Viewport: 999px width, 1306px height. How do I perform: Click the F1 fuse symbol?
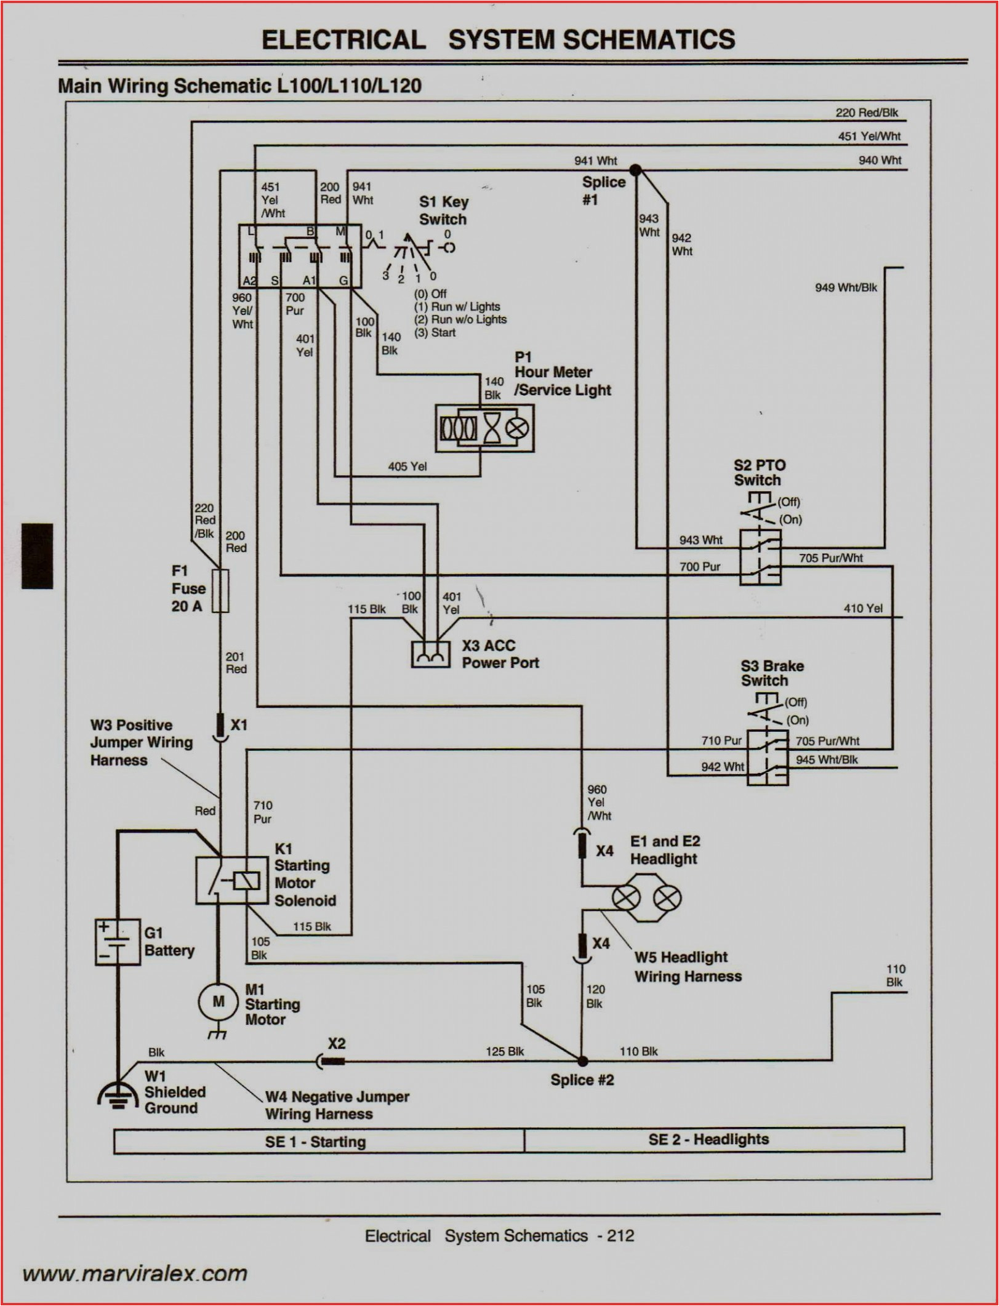[x=220, y=591]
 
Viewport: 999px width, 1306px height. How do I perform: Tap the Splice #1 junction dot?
[x=636, y=169]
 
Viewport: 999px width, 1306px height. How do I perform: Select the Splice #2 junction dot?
[x=582, y=1061]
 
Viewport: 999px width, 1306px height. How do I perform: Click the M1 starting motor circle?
[x=219, y=1002]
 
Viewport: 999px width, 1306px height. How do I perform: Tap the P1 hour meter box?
[x=484, y=428]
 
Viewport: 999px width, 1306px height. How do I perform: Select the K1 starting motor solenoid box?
[x=223, y=881]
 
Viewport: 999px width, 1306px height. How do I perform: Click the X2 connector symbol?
[x=331, y=1060]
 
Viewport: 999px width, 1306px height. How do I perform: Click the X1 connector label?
[x=239, y=725]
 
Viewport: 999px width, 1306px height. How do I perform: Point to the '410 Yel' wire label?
[x=862, y=609]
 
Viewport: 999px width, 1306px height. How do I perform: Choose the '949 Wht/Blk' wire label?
[x=846, y=287]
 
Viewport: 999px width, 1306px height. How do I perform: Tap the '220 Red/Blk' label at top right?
[x=866, y=113]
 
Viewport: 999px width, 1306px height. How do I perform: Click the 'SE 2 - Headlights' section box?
[x=714, y=1139]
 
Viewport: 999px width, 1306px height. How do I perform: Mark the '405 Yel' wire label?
[x=407, y=467]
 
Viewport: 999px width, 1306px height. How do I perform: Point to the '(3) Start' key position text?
[x=435, y=333]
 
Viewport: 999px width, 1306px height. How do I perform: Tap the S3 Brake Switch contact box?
[x=768, y=758]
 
